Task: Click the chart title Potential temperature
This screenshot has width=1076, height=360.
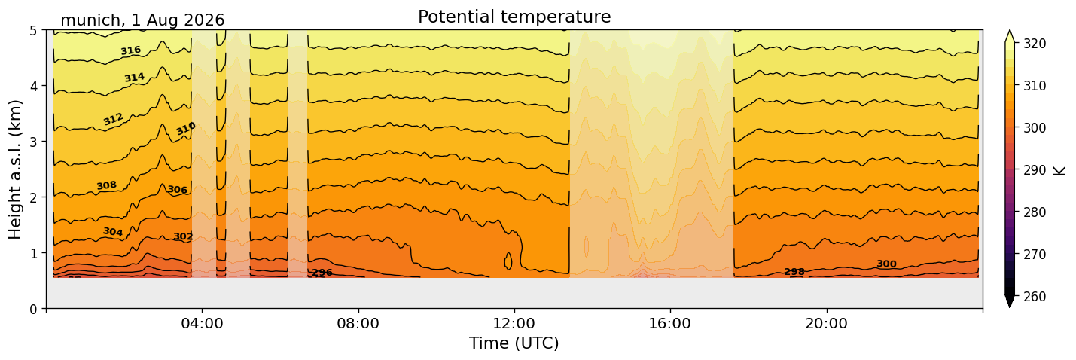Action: (514, 17)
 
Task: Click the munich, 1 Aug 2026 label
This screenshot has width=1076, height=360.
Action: (142, 20)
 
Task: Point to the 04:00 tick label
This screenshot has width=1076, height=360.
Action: (203, 323)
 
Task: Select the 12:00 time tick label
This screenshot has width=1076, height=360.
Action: (514, 323)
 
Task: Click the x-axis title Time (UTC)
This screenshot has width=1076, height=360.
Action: (514, 343)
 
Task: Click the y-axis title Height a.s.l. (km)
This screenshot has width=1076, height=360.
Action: (15, 169)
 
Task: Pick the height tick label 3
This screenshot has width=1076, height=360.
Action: (34, 142)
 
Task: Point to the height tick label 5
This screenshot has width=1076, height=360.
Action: (34, 31)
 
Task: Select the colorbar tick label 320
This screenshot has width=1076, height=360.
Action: (1033, 44)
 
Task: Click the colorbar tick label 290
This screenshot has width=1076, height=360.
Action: (1033, 170)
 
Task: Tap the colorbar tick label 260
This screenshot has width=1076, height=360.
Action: (1033, 297)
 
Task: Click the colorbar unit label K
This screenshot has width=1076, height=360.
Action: (1059, 170)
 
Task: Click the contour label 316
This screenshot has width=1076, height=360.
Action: (131, 50)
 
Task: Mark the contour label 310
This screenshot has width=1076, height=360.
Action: (185, 129)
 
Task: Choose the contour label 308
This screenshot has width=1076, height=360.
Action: (107, 185)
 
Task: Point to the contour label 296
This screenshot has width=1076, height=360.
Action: (322, 273)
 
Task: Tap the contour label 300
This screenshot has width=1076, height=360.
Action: (886, 264)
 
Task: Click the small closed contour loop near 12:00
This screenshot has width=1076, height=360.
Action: (508, 261)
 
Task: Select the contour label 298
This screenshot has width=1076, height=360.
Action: (794, 272)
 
